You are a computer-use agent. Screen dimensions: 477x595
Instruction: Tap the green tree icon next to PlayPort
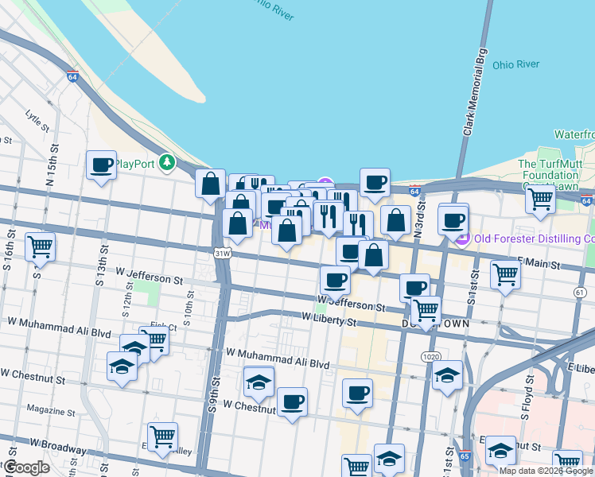[x=167, y=163]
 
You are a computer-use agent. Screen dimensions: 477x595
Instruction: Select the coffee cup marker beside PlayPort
[x=102, y=165]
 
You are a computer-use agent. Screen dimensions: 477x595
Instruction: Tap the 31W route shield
[x=222, y=254]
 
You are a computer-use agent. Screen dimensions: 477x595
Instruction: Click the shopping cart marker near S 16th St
[x=41, y=246]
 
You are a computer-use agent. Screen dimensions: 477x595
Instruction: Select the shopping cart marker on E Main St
[x=505, y=275]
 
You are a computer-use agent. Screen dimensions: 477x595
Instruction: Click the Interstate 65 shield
[x=465, y=457]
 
